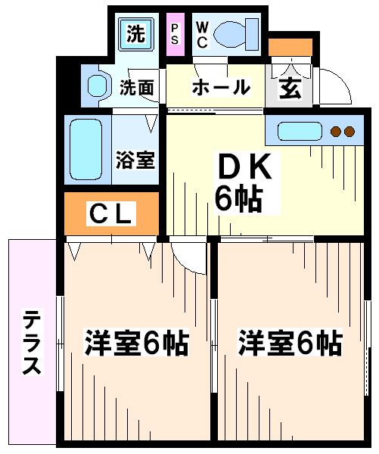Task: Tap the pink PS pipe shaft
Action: [175, 34]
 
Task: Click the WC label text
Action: [202, 35]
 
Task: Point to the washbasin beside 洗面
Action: [99, 86]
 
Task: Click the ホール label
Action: [221, 87]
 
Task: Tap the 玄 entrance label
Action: [290, 89]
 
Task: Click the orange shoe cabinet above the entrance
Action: [290, 47]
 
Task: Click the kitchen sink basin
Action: [300, 131]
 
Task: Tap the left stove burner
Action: [336, 132]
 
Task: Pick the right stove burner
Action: [349, 132]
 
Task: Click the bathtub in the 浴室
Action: [86, 149]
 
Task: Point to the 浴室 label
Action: [135, 160]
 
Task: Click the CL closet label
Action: [111, 213]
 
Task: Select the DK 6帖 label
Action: [247, 183]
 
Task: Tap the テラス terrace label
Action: [33, 342]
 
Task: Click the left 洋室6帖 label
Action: [137, 342]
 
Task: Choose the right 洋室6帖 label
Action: [290, 342]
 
